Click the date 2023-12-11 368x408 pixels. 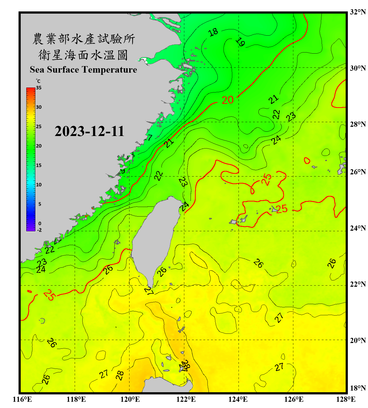(x=89, y=131)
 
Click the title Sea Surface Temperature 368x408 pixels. (x=83, y=70)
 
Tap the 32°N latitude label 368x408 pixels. (x=358, y=12)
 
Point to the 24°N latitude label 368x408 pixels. (x=358, y=228)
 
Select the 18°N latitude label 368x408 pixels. (x=358, y=388)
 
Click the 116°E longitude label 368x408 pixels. (x=22, y=399)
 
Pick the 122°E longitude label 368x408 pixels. (x=186, y=399)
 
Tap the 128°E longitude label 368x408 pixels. (x=346, y=399)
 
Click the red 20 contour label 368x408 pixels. (x=228, y=100)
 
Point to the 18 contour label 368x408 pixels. (x=213, y=32)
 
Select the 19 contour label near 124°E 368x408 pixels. (x=240, y=42)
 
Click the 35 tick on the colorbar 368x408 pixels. (x=39, y=88)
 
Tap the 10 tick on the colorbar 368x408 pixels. (x=39, y=185)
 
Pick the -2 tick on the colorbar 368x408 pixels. (x=39, y=230)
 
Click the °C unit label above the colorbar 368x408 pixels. (x=38, y=81)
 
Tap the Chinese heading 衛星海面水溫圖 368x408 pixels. (x=83, y=55)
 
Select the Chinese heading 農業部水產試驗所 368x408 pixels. (x=84, y=39)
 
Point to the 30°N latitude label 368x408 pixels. (x=358, y=68)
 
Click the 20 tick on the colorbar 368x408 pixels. (x=39, y=146)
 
